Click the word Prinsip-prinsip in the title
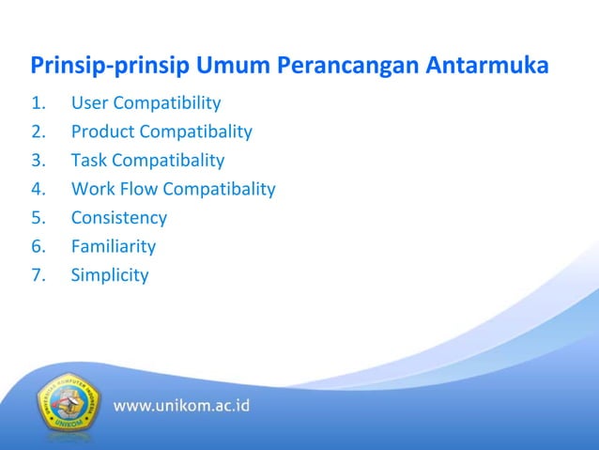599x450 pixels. point(110,68)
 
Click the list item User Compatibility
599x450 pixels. point(146,102)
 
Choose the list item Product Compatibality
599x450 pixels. point(161,132)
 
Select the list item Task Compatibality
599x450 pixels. point(147,160)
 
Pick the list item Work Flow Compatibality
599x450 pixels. point(173,189)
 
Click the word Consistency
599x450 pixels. point(118,218)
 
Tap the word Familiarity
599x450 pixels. point(113,247)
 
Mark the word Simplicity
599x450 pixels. point(109,275)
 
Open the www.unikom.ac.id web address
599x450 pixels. point(182,407)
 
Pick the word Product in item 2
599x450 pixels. point(102,132)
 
